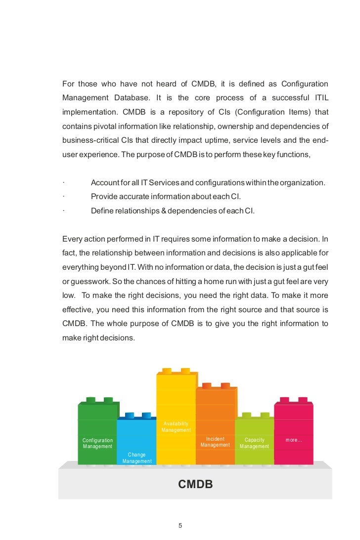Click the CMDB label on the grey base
tap(195, 484)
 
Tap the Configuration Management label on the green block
tap(97, 443)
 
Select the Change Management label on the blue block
tap(137, 458)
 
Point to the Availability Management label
tap(176, 427)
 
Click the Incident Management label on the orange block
tap(215, 442)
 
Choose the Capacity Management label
tap(254, 443)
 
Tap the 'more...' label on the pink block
tap(294, 440)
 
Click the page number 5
tap(180, 526)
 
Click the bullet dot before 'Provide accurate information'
tap(64, 197)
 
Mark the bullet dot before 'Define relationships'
tap(64, 211)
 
